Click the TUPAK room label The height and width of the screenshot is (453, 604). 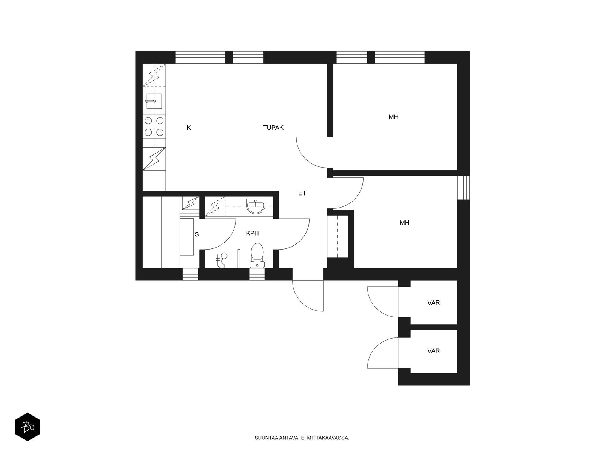[x=273, y=128]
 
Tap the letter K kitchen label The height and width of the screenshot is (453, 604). [x=188, y=128]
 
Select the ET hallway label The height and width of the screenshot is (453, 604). [x=302, y=193]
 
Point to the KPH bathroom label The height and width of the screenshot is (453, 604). [x=252, y=233]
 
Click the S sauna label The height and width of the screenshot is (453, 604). [x=196, y=234]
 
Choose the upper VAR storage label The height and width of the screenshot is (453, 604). [x=433, y=303]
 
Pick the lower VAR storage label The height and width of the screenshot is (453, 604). [x=433, y=351]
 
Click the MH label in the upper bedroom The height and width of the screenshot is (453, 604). [x=393, y=117]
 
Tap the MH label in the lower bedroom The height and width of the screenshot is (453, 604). [x=404, y=223]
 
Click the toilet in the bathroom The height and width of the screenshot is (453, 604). [x=257, y=255]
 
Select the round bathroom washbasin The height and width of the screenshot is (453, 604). [x=256, y=206]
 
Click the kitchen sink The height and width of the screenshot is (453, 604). [x=154, y=101]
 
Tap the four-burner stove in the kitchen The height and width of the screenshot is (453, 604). [x=154, y=126]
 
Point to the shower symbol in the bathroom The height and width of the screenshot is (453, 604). [x=222, y=260]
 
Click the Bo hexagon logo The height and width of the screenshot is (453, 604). [x=28, y=427]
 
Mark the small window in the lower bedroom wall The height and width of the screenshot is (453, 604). [x=464, y=188]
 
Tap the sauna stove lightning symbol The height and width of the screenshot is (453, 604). [x=190, y=203]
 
